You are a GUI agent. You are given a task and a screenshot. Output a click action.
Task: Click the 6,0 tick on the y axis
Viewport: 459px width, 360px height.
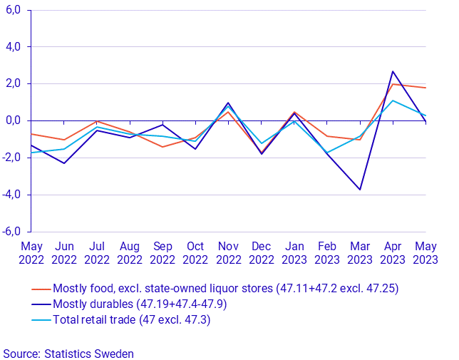14,10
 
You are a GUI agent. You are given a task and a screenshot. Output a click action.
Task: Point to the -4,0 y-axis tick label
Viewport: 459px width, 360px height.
12,195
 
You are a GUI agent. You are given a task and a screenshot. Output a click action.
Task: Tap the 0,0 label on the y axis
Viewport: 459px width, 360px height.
14,120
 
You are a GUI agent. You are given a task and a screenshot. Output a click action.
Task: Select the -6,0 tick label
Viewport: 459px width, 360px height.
12,232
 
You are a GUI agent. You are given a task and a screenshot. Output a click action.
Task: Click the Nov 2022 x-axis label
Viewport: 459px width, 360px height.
228,253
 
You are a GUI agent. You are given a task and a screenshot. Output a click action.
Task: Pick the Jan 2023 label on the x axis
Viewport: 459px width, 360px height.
294,253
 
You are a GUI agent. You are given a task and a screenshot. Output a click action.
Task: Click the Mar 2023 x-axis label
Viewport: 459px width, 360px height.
360,253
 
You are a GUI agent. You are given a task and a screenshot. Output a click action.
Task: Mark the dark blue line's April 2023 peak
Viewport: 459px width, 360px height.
393,71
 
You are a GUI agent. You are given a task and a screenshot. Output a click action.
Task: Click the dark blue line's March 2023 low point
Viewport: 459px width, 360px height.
360,190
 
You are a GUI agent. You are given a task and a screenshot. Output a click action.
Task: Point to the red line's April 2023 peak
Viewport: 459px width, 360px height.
393,84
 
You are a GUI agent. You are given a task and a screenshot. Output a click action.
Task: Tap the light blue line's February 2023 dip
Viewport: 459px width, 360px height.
327,153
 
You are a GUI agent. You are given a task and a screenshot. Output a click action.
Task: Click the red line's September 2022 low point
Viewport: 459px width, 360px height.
163,147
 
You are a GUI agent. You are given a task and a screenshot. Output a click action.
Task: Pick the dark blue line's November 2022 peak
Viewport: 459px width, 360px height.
228,103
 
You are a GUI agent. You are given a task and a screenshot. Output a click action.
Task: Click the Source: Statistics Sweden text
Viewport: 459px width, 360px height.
68,353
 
